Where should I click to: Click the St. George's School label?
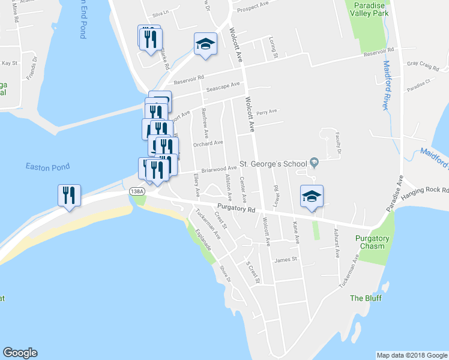(x=273, y=163)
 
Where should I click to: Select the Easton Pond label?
(x=47, y=167)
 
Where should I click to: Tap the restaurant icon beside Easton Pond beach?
(x=70, y=196)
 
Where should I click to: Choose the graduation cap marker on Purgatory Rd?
(x=312, y=197)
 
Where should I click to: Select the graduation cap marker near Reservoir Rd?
(x=205, y=44)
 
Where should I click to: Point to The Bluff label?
(x=366, y=298)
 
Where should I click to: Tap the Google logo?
(x=20, y=353)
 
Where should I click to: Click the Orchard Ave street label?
(x=208, y=143)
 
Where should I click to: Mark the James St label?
(x=286, y=260)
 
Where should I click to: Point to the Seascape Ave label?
(x=223, y=87)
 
